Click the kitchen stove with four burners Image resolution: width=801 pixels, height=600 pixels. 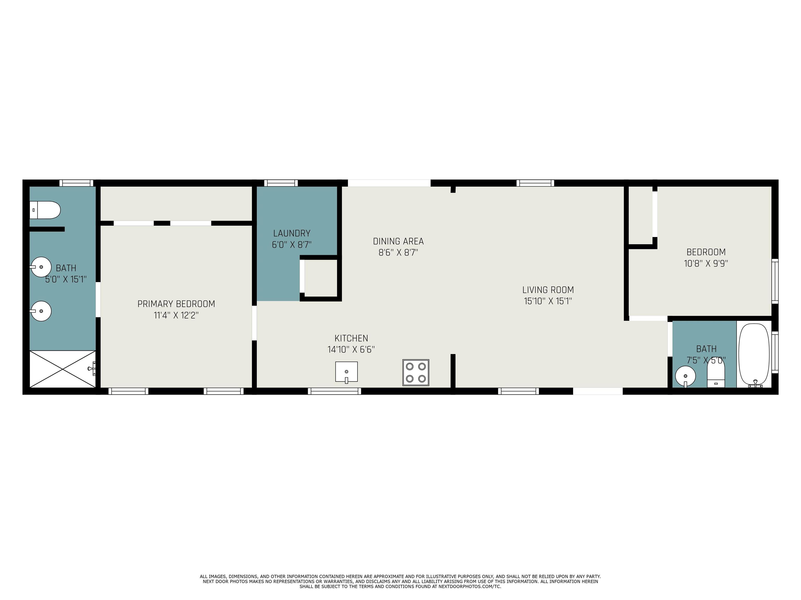pos(416,372)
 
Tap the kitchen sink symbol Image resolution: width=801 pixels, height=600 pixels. pos(347,372)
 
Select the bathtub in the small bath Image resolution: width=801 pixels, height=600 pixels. pos(754,355)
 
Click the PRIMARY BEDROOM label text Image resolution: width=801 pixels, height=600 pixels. pos(176,304)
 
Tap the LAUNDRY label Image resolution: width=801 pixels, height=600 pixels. pos(292,233)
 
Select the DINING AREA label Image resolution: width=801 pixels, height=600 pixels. pos(398,241)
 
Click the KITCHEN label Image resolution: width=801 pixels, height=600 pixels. pos(351,338)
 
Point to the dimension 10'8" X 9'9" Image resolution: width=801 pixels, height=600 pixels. pos(706,263)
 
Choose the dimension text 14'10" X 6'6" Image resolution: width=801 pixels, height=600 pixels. pos(351,349)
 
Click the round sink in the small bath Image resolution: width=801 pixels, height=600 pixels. pos(685,376)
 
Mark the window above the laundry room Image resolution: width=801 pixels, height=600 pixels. pos(281,183)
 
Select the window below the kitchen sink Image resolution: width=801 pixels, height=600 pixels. pos(335,391)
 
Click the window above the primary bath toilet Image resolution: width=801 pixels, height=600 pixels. pos(76,183)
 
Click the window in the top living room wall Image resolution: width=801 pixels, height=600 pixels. pos(535,183)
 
